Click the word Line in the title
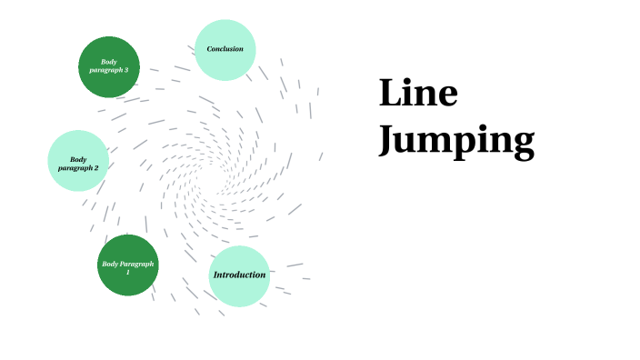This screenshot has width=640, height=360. coord(418,94)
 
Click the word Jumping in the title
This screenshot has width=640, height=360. coord(455,142)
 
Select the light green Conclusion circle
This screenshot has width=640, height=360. coord(225,49)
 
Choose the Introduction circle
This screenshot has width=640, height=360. coord(239,275)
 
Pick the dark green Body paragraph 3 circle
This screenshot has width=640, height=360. coord(109,66)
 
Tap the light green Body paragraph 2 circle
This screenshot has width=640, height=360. coord(78,160)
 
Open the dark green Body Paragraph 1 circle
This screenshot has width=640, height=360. coord(128,265)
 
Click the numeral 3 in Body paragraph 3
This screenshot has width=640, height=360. coord(125,70)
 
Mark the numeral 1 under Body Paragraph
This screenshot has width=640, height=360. coord(128,272)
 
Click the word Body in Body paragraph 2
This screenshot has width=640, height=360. coord(78,159)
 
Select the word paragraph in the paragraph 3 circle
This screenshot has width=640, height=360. coord(105,70)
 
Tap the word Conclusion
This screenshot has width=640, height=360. coord(225,49)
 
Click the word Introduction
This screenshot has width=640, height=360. coord(239,275)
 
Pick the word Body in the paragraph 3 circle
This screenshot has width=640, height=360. coord(109,62)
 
